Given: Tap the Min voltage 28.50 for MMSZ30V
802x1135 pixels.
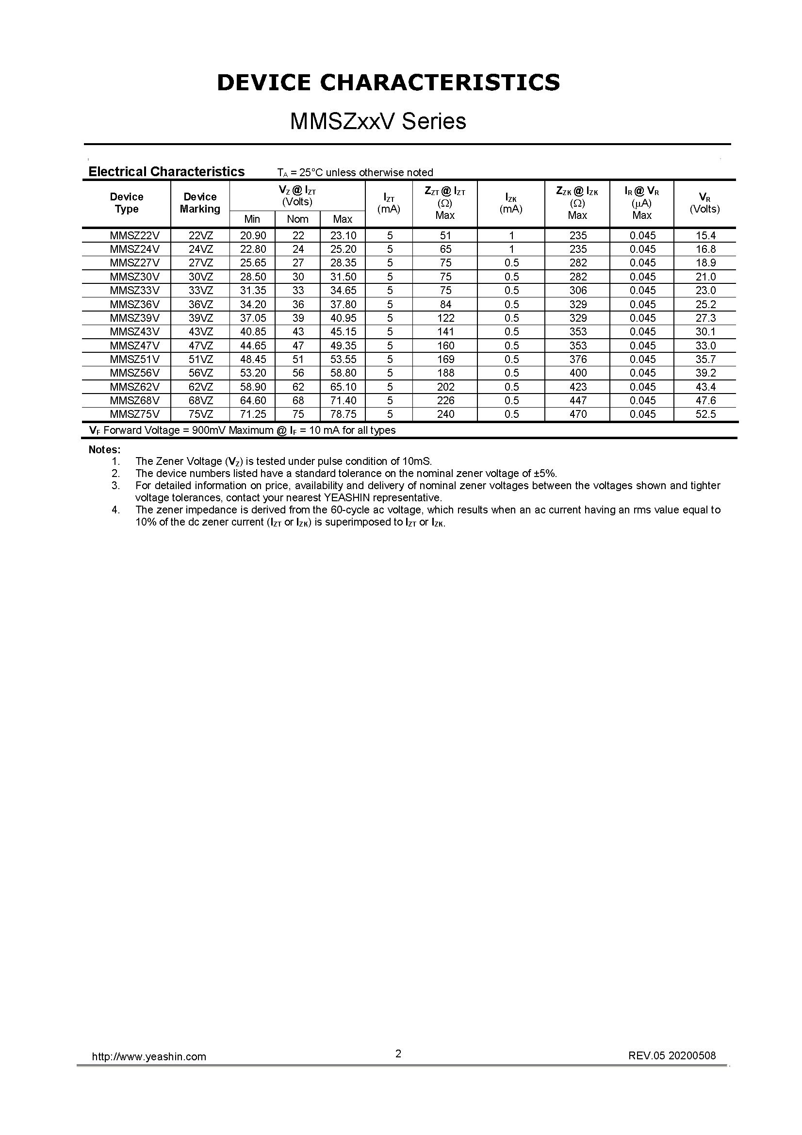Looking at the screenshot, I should pyautogui.click(x=253, y=277).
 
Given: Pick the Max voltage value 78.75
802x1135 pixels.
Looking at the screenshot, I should pyautogui.click(x=344, y=414).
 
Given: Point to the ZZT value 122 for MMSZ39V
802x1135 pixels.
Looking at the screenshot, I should pyautogui.click(x=445, y=318).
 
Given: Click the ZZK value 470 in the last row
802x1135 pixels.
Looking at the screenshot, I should pyautogui.click(x=578, y=414).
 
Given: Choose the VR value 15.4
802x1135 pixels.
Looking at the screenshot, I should pyautogui.click(x=705, y=235).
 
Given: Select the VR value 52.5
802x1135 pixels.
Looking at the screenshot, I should pyautogui.click(x=705, y=414).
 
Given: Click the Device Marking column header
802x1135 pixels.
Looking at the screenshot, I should pyautogui.click(x=200, y=203).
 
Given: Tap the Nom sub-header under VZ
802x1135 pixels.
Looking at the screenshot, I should pyautogui.click(x=297, y=219).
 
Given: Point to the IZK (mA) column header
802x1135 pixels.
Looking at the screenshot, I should pyautogui.click(x=511, y=203).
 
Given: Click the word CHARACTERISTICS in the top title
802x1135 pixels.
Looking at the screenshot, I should pyautogui.click(x=440, y=82).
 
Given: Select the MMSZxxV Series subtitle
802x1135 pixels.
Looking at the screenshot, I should pyautogui.click(x=378, y=122).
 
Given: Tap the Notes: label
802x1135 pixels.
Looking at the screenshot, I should pyautogui.click(x=104, y=449).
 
